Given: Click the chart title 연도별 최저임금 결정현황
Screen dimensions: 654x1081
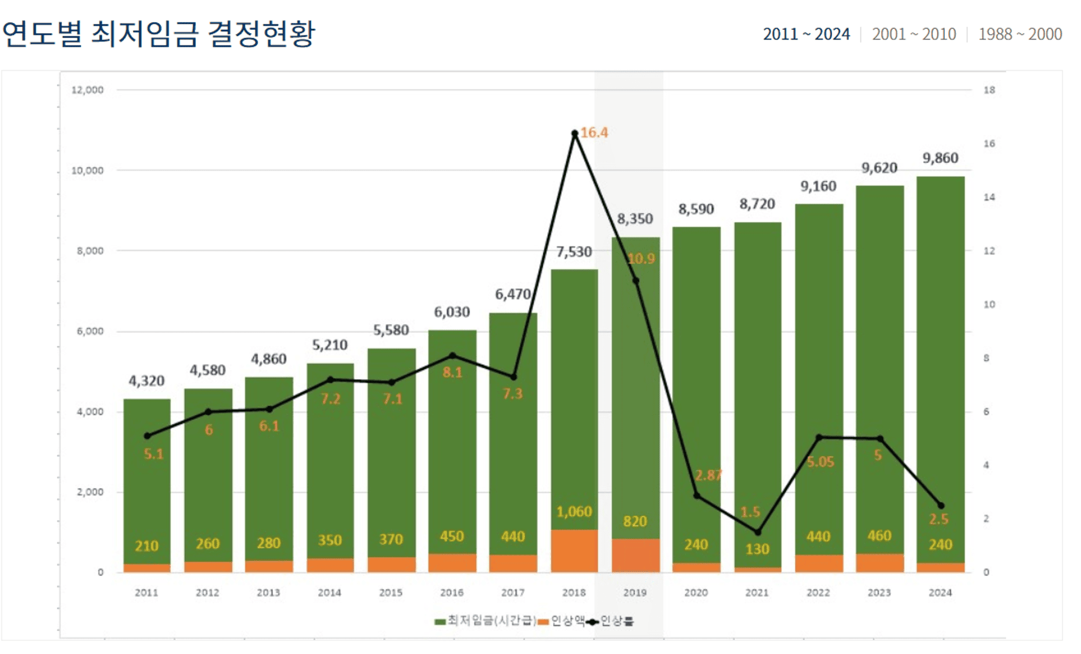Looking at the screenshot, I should click(x=158, y=34).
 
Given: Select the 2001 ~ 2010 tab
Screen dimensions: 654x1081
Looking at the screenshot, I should click(x=913, y=34).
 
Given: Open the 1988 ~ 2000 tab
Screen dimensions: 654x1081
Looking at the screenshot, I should click(x=1019, y=34).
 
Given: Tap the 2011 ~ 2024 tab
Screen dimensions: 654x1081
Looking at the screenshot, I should click(x=806, y=34).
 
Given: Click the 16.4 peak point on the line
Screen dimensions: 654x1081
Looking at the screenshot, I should click(x=575, y=134).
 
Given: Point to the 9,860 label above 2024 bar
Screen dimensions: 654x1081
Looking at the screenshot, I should click(x=940, y=158).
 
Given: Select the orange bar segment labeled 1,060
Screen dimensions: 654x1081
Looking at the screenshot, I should click(x=574, y=550).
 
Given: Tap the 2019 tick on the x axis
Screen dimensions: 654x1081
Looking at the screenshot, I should click(x=635, y=593).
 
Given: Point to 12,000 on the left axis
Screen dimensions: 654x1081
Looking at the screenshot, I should click(x=87, y=90).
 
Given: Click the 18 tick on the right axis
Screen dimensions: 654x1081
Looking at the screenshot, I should click(x=989, y=90).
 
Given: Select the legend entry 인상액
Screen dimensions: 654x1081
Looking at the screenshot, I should click(x=562, y=621).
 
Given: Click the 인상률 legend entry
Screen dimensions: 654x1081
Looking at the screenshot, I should click(x=611, y=621).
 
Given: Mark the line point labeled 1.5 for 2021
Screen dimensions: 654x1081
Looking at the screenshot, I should click(x=757, y=532).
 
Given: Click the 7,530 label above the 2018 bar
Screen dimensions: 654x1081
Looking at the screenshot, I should click(x=573, y=252).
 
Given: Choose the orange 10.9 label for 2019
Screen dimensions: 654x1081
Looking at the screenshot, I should click(x=641, y=259).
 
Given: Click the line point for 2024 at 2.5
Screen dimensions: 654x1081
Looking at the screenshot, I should click(x=940, y=506).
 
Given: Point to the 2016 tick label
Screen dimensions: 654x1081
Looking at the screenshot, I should click(x=451, y=593).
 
